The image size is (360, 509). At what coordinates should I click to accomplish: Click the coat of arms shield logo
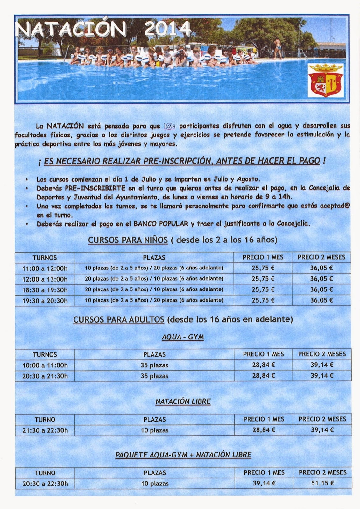pos(325,80)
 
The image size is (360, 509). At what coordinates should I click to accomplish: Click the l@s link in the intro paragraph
pos(169,126)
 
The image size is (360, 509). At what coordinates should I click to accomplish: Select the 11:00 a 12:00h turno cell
pos(45,268)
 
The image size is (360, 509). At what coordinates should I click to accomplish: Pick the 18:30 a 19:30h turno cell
pos(45,290)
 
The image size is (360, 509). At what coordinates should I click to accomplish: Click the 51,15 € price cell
pos(322,483)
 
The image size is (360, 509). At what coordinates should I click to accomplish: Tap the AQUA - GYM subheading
pos(183,337)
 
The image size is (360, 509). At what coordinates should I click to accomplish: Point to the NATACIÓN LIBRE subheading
pos(183,402)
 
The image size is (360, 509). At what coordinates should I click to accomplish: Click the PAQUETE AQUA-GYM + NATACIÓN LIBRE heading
pos(183,455)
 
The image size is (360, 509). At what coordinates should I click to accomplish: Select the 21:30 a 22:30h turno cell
pos(45,430)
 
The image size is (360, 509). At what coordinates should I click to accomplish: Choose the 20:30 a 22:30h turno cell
pos(45,484)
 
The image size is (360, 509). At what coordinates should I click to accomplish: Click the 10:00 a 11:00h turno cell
pos(45,365)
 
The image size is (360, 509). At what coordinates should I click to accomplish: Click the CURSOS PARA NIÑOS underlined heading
pos(128,240)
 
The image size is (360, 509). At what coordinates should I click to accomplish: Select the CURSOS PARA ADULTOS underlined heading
pos(119,319)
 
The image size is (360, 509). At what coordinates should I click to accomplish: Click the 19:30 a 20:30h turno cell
pos(45,301)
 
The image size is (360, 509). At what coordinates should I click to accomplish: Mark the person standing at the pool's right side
pos(278,48)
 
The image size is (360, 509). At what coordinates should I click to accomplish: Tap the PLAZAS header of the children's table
pos(154,258)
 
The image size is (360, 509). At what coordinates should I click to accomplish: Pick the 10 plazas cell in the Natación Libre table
pos(155,430)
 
